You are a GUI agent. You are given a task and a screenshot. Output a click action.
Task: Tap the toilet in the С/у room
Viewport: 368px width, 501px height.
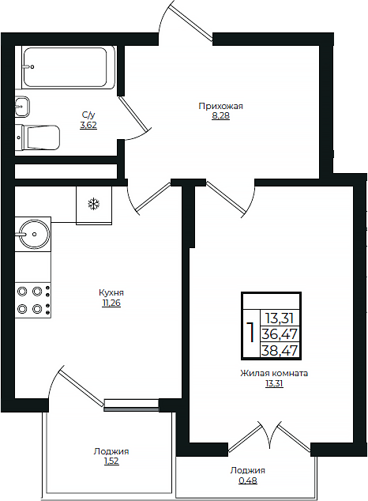(38, 137)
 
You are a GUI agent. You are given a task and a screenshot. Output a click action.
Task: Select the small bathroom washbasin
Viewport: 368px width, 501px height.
(22, 106)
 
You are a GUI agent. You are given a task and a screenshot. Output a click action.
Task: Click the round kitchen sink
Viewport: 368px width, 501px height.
(34, 234)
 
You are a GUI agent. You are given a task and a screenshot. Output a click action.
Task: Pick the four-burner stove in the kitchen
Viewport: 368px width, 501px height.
(33, 300)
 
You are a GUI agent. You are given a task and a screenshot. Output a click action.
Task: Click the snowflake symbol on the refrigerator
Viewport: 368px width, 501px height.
(94, 204)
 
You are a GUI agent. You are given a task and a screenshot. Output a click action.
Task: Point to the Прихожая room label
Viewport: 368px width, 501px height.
(221, 106)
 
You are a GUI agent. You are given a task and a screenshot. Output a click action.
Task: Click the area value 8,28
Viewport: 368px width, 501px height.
(221, 115)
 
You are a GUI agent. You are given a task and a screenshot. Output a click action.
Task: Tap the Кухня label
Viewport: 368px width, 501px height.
(111, 292)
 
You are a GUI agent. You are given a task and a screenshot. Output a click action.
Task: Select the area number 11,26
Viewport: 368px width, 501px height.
(111, 303)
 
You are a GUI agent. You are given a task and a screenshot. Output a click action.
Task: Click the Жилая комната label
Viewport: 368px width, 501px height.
(274, 373)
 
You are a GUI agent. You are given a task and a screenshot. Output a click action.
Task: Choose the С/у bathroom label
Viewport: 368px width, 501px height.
(88, 115)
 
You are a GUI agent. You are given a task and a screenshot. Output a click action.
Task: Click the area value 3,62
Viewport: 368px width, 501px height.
(88, 125)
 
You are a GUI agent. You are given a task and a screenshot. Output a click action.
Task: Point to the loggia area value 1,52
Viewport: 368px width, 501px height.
(111, 461)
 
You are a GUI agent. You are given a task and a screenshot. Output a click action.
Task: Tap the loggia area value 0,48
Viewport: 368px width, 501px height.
(248, 480)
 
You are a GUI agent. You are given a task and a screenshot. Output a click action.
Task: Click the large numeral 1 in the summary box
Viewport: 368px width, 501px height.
(251, 333)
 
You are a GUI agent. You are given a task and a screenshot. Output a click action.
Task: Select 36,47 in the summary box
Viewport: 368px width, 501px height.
(280, 334)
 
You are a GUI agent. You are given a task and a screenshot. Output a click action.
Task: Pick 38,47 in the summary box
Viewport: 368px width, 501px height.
(280, 351)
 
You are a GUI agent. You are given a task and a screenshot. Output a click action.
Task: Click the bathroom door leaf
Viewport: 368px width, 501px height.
(134, 113)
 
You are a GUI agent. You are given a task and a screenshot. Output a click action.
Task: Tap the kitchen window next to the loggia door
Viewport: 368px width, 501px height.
(132, 405)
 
